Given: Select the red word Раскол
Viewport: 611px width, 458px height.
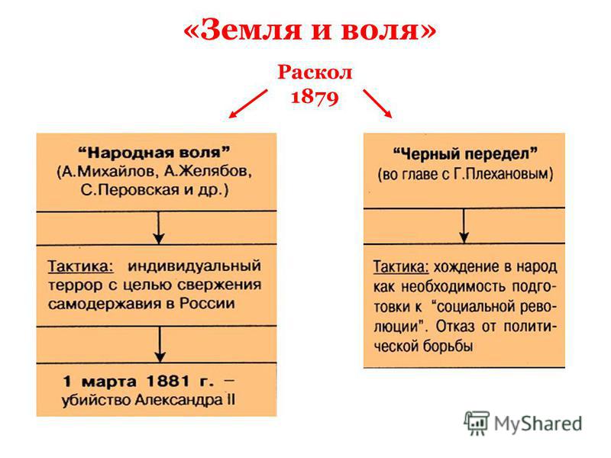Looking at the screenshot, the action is [315, 73].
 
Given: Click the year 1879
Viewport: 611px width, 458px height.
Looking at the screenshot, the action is [315, 96].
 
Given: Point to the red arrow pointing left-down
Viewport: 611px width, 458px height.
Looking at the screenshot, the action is [248, 104].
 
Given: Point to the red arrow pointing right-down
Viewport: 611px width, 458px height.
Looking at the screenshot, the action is [377, 104].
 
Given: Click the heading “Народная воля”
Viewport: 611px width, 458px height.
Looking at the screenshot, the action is [154, 153].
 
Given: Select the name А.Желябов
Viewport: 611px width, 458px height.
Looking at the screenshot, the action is [207, 172].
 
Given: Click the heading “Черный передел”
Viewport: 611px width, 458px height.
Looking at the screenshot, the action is [465, 154].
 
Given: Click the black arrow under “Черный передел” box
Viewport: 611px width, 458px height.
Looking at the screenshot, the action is [464, 226].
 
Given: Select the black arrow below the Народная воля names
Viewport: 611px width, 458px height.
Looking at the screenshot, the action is [158, 228].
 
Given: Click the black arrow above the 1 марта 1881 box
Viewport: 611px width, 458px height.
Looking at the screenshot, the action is [160, 345].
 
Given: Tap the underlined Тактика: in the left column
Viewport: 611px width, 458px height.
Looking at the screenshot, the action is [81, 267].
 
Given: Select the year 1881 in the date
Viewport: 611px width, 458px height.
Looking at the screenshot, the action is [168, 381].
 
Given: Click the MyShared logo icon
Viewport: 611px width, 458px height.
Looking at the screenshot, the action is [476, 423].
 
